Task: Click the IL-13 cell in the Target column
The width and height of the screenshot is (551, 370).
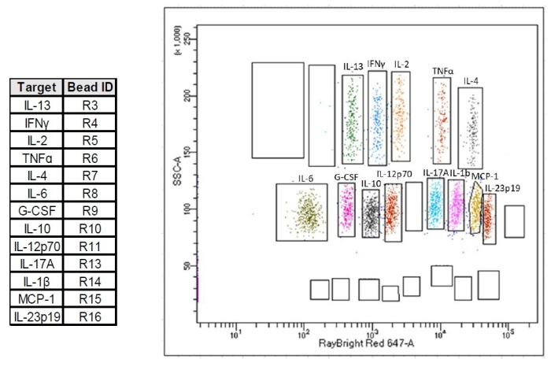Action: pyautogui.click(x=37, y=104)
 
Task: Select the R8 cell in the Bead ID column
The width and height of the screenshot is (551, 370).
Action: pyautogui.click(x=91, y=193)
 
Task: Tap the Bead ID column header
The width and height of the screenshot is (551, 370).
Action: pyautogui.click(x=91, y=87)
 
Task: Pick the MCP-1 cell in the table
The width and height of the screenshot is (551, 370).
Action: pyautogui.click(x=37, y=299)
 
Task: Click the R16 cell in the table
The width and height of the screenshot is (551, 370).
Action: pyautogui.click(x=91, y=316)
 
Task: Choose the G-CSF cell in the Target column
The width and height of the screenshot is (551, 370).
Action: pyautogui.click(x=37, y=211)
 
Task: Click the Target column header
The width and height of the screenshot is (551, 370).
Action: pyautogui.click(x=37, y=87)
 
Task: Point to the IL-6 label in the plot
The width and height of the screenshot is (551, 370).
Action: pyautogui.click(x=305, y=179)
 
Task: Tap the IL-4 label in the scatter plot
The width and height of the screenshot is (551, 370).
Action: pyautogui.click(x=471, y=81)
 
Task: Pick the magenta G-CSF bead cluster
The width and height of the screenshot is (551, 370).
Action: pyautogui.click(x=346, y=209)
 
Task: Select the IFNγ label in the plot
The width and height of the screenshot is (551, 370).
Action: pyautogui.click(x=377, y=64)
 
